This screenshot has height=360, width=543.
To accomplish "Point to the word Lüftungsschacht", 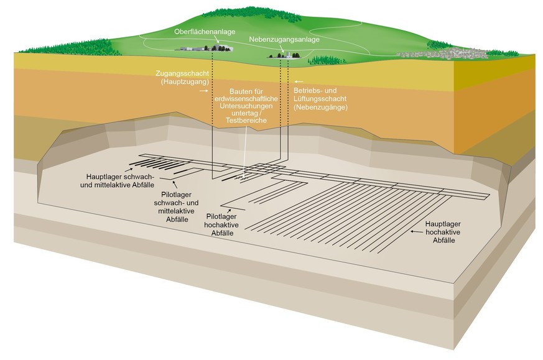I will click(320, 99).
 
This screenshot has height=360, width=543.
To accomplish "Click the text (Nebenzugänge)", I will click(320, 107).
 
